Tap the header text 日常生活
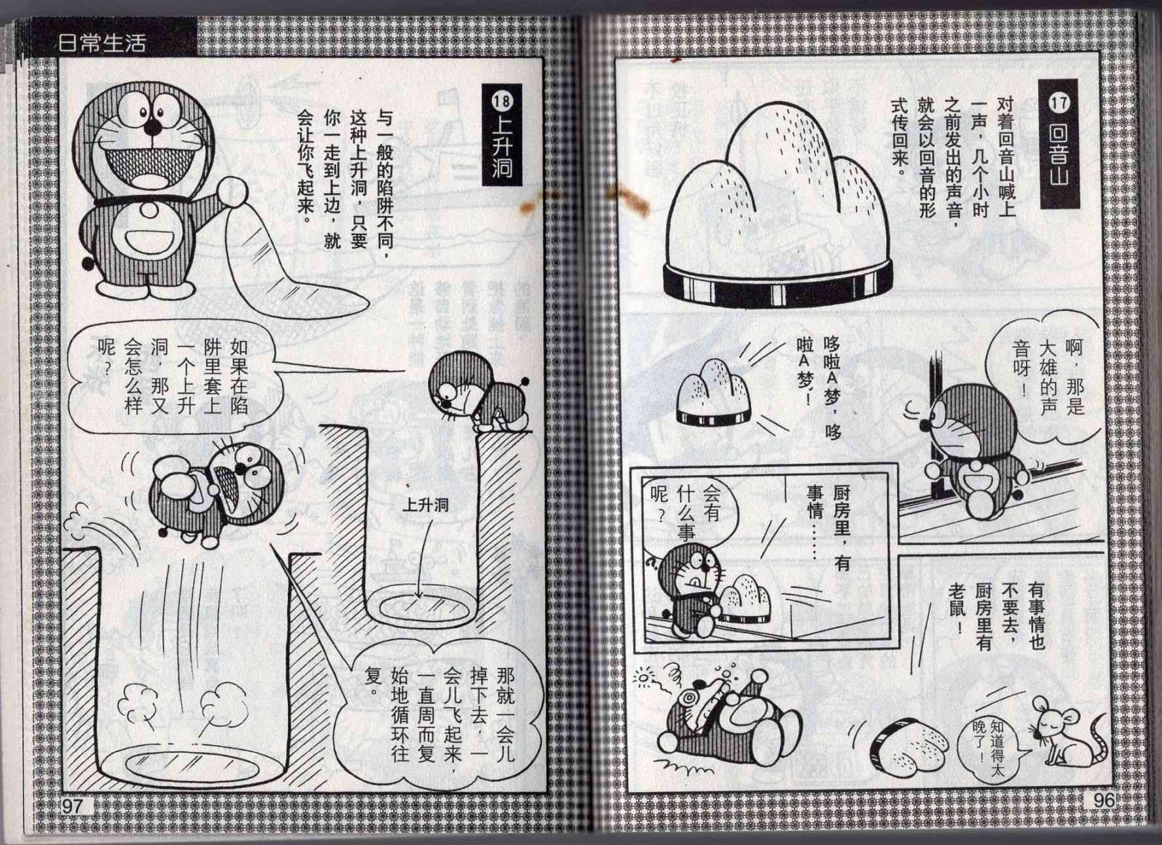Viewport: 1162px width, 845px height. click(102, 44)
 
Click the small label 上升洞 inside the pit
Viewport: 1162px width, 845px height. click(425, 504)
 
